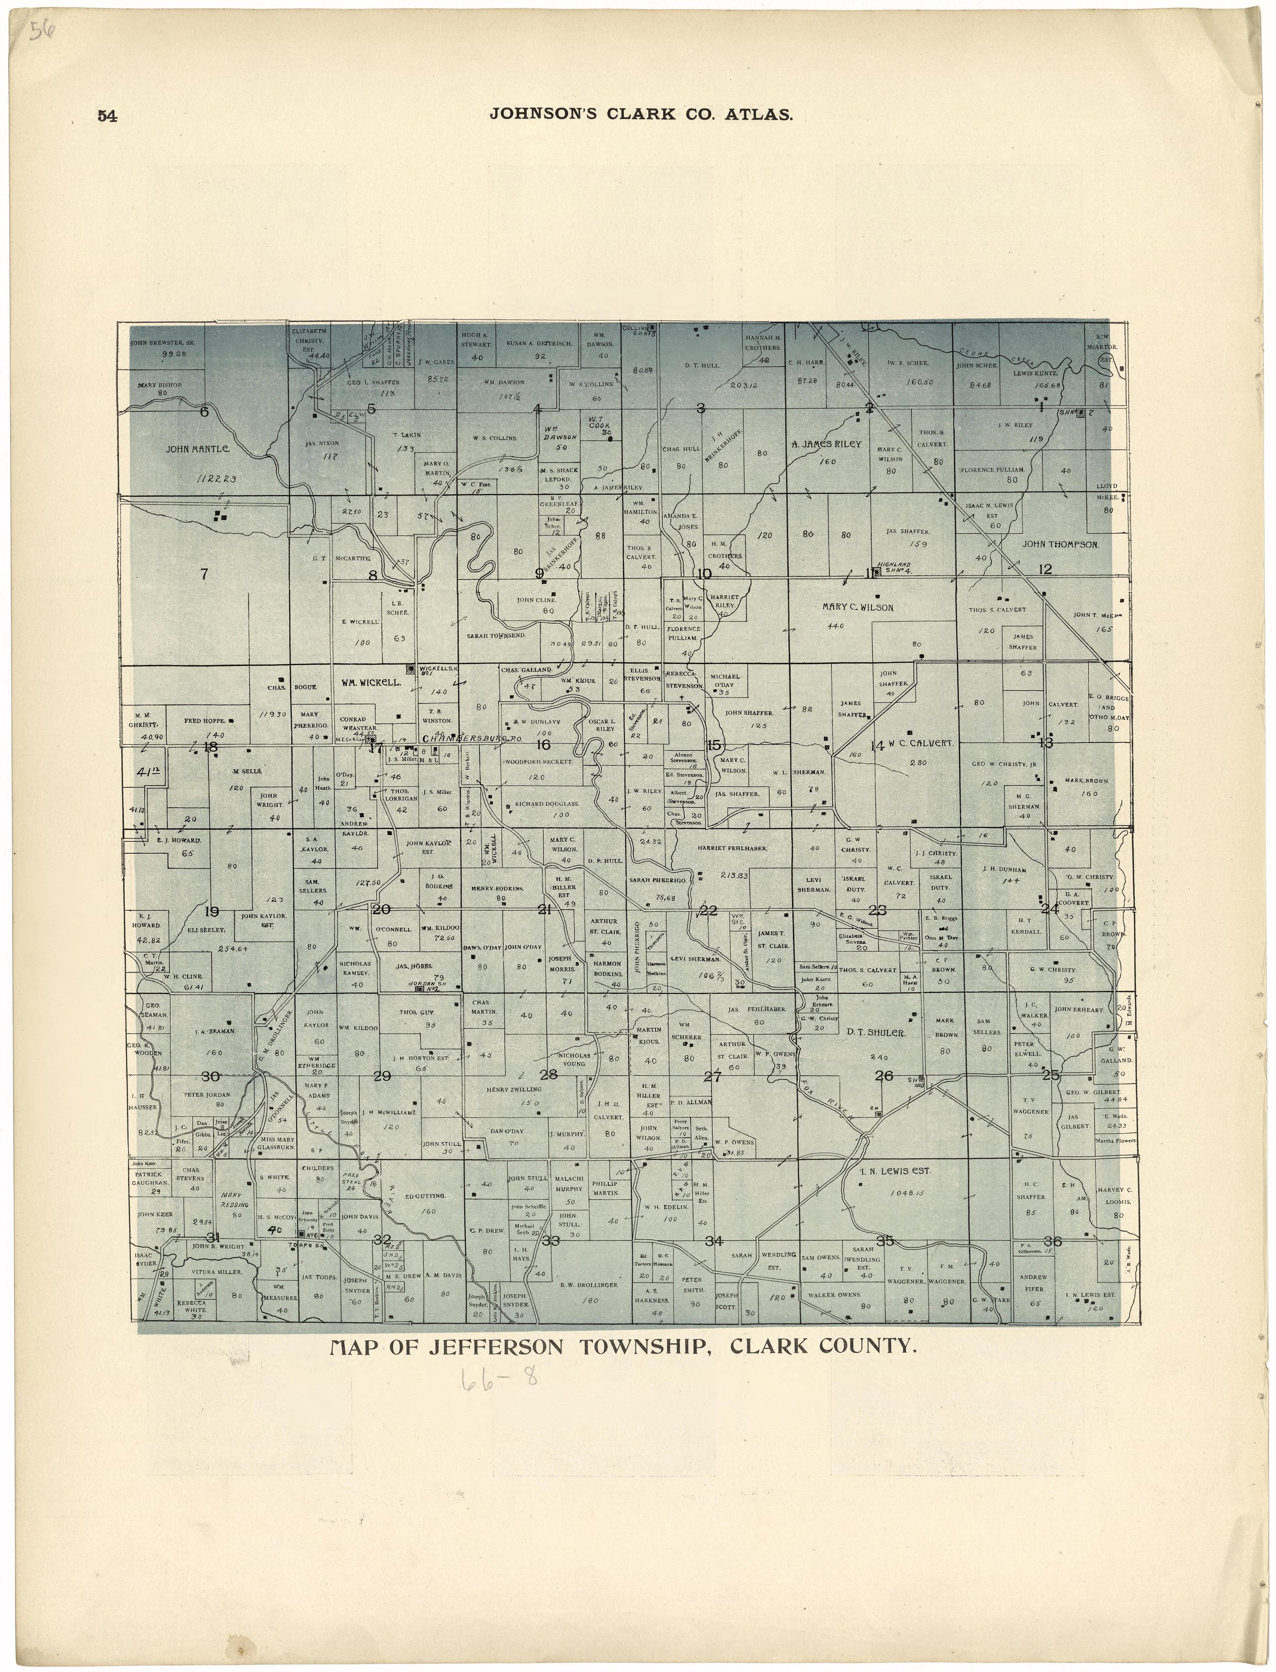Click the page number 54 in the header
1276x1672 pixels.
coord(107,116)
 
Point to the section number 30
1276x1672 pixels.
coord(210,1076)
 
